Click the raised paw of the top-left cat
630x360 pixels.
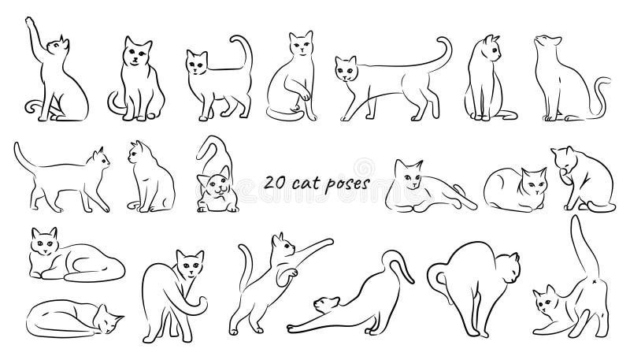tap(30, 24)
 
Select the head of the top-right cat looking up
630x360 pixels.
tap(547, 43)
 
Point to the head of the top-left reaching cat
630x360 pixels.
tap(57, 46)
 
